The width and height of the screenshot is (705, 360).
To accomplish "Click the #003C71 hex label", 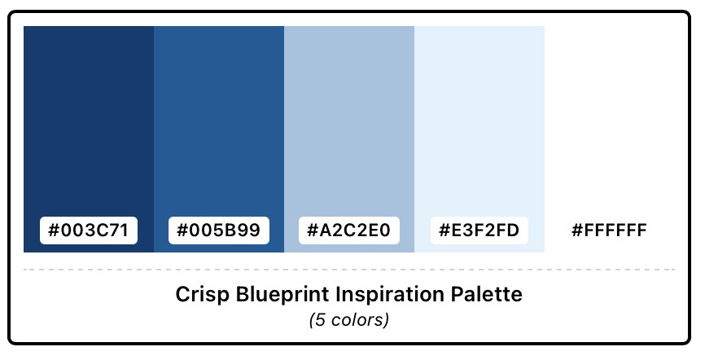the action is coord(89,230).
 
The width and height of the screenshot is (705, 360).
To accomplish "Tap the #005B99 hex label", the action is coord(219,230).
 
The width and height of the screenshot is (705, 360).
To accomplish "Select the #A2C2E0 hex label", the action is coord(349,230).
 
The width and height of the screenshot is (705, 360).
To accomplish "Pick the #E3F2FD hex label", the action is coord(479,230).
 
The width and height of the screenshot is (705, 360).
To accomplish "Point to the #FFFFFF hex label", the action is coord(609,230).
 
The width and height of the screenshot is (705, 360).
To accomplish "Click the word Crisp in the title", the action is coord(203,295).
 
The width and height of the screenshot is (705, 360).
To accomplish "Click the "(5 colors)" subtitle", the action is coord(349,320).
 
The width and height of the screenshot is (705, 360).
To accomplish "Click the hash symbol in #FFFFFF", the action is coord(577,230).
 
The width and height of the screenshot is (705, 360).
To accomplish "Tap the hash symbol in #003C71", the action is coord(54,230).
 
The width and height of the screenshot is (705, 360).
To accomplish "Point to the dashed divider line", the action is coord(349,270).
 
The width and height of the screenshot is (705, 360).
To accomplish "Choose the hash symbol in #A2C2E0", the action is coord(313,230).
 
